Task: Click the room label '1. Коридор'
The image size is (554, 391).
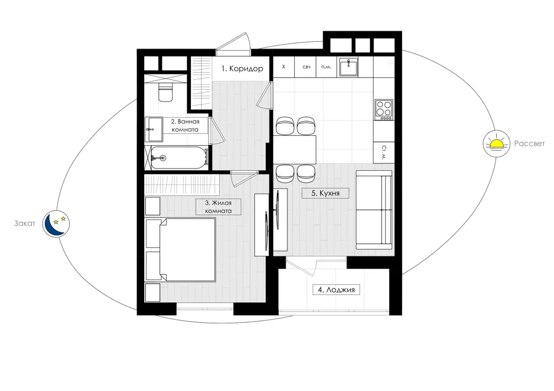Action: (x=242, y=69)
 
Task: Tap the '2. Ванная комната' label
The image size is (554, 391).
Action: (x=185, y=125)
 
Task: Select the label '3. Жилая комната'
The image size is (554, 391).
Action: (x=219, y=207)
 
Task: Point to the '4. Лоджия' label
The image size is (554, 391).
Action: (x=336, y=290)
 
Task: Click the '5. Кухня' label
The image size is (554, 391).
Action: (x=325, y=193)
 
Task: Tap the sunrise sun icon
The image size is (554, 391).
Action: (x=496, y=143)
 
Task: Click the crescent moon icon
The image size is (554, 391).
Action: (x=56, y=224)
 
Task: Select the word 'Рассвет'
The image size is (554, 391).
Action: (x=529, y=144)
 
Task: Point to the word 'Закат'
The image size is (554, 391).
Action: (x=25, y=223)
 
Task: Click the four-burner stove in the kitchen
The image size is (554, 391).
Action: (x=383, y=109)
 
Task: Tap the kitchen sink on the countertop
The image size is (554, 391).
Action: (x=348, y=67)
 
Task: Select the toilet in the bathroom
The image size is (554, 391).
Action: (x=166, y=92)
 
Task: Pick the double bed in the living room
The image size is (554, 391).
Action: (x=187, y=250)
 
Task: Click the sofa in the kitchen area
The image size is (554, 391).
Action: (x=374, y=210)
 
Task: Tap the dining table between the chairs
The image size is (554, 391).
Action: (x=295, y=149)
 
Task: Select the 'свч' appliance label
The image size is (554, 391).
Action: (x=307, y=66)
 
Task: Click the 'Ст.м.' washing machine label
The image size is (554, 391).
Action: (x=383, y=152)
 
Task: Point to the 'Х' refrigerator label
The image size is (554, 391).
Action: (x=283, y=66)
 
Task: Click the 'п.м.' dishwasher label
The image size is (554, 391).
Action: (x=326, y=66)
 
